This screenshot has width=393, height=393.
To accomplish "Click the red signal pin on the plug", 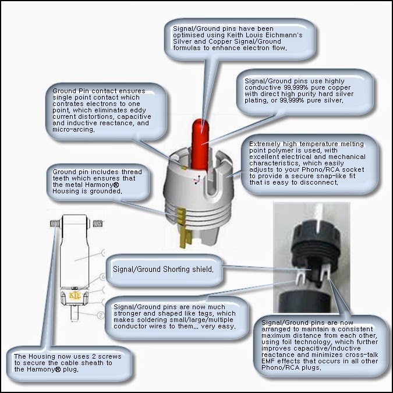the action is [200, 144].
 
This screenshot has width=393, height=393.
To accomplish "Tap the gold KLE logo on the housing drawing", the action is [75, 296].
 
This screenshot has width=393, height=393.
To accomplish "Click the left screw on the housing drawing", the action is [55, 223].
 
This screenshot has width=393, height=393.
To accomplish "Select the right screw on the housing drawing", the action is [97, 223].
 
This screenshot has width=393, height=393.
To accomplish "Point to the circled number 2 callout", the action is [101, 315].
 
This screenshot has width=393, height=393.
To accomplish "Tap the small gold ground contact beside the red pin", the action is [184, 168].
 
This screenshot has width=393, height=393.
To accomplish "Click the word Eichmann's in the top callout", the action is [284, 35].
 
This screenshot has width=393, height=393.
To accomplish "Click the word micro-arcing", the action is [73, 130].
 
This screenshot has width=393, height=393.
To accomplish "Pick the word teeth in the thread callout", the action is [61, 179].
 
